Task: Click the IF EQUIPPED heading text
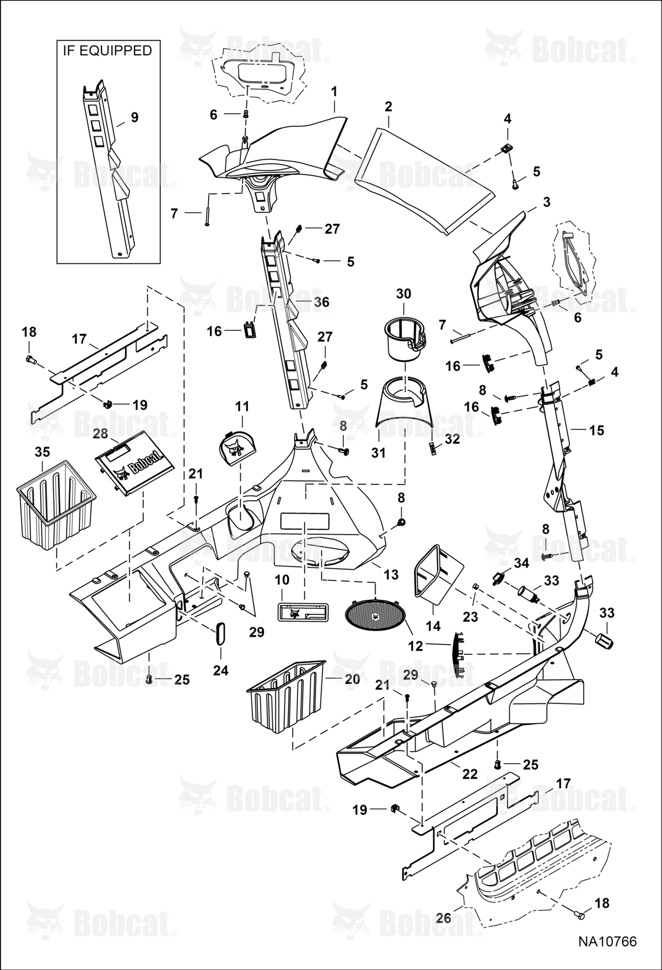[x=107, y=50]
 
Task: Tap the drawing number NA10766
[x=607, y=941]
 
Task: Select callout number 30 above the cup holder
[x=404, y=293]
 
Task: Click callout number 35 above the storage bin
[x=43, y=452]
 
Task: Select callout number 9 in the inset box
[x=134, y=117]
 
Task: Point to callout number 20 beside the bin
[x=353, y=679]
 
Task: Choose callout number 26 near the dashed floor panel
[x=443, y=918]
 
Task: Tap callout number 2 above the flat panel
[x=388, y=107]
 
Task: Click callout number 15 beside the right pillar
[x=597, y=430]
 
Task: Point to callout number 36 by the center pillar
[x=321, y=302]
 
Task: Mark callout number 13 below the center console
[x=391, y=575]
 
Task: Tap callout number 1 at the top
[x=334, y=92]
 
